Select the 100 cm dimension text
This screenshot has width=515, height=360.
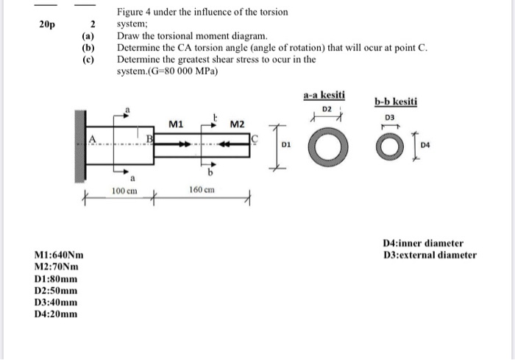click(123, 191)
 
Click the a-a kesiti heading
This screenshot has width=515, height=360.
click(324, 96)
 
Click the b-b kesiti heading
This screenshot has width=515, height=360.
click(396, 102)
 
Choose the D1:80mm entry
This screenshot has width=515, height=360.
click(55, 279)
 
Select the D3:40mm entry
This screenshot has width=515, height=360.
click(55, 303)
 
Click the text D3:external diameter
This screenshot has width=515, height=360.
click(430, 255)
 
